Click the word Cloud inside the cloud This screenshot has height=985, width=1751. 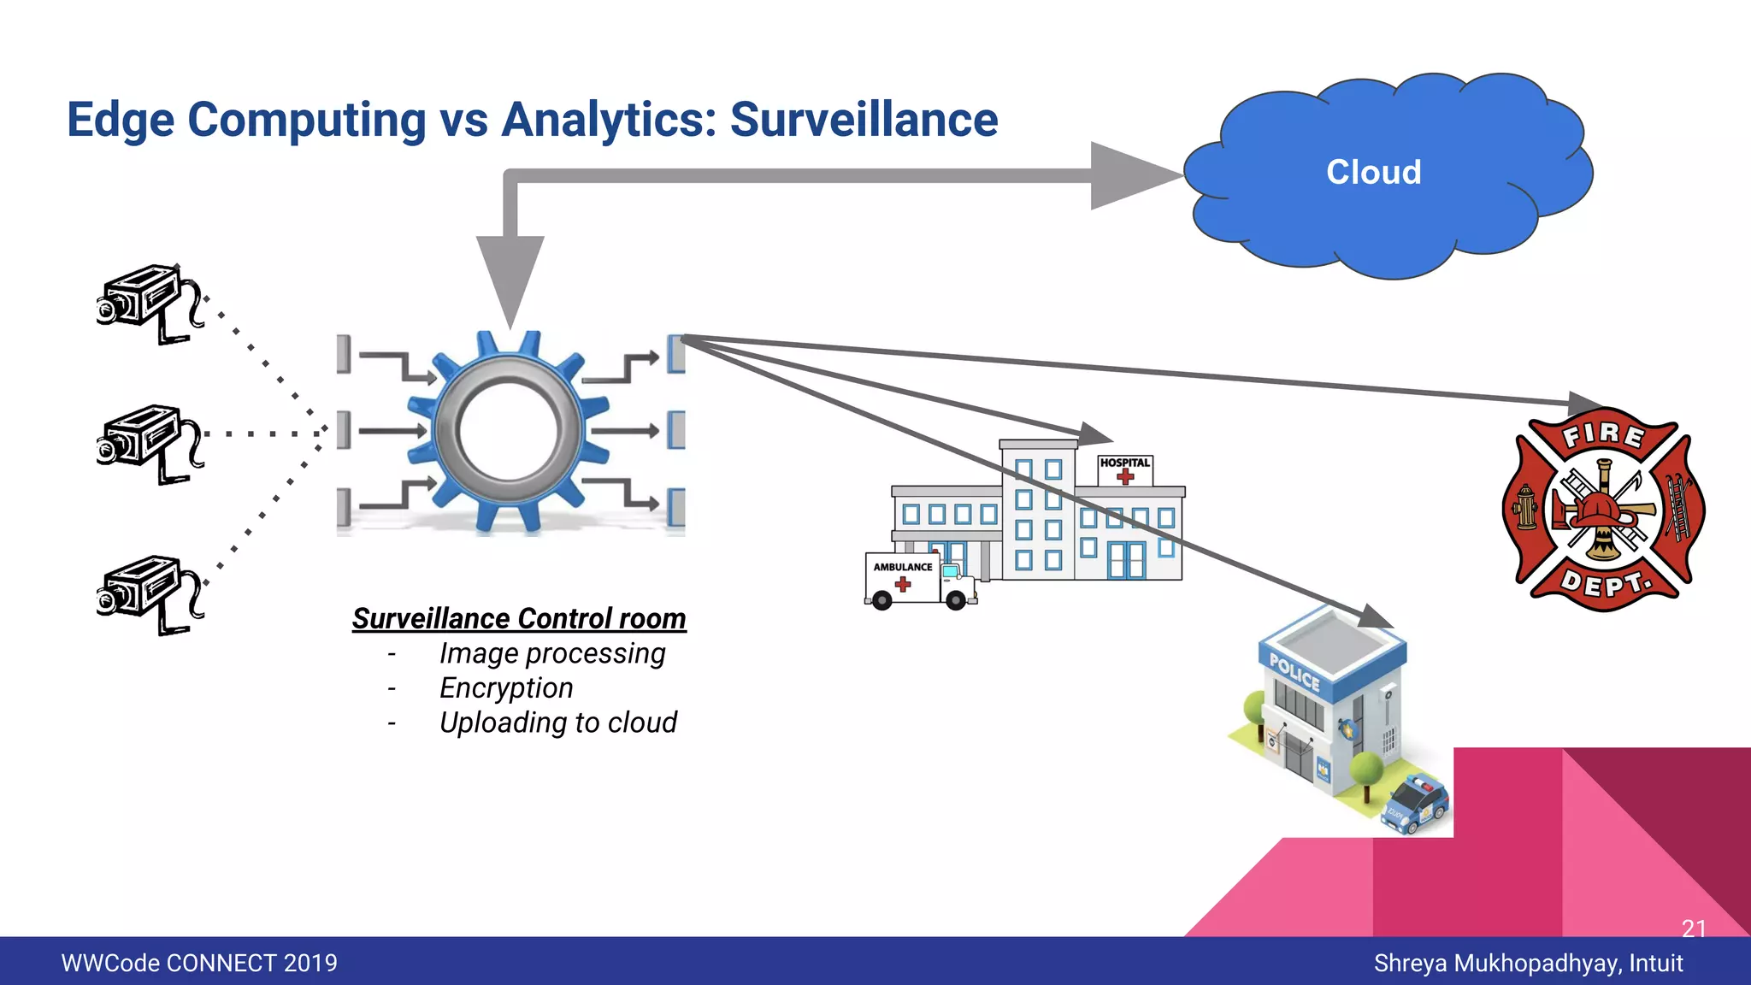[x=1373, y=173]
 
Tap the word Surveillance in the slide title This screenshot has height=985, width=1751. [x=864, y=120]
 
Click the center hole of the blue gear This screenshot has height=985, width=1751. [x=510, y=430]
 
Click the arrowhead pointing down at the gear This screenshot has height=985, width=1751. [x=510, y=278]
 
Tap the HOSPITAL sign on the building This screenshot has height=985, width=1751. [x=1124, y=463]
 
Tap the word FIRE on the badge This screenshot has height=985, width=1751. [x=1603, y=434]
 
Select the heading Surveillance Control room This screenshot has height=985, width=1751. [x=519, y=618]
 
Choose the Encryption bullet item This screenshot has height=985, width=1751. [x=506, y=687]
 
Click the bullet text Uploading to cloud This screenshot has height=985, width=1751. [x=557, y=723]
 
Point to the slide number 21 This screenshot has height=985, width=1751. [x=1693, y=928]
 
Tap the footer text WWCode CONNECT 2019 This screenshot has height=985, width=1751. [x=199, y=963]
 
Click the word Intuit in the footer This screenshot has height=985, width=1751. [x=1655, y=963]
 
